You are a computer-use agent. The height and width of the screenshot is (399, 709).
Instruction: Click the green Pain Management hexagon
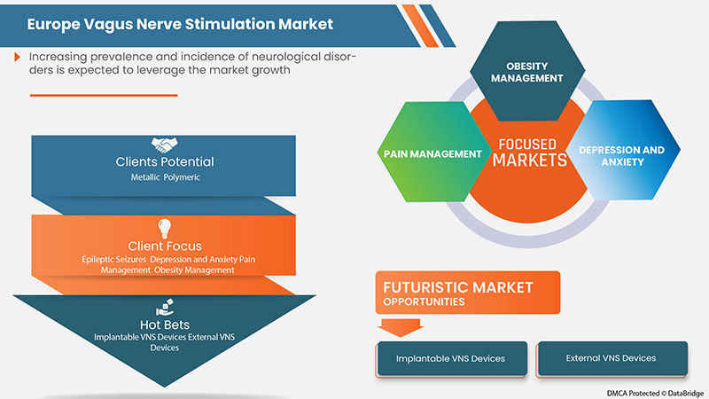[x=432, y=153]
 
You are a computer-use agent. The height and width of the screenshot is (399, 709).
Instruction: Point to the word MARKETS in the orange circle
[x=529, y=160]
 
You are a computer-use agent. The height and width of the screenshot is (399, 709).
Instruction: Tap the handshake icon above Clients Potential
[x=164, y=144]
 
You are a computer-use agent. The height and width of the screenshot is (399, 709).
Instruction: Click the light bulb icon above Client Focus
[x=164, y=226]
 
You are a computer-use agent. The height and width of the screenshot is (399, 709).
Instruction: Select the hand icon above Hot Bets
[x=164, y=306]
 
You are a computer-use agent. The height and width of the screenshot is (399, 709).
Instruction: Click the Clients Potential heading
[x=165, y=162]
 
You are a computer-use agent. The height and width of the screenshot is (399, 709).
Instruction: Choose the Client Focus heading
[x=165, y=246]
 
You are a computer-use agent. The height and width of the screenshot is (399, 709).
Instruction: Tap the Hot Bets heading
[x=165, y=325]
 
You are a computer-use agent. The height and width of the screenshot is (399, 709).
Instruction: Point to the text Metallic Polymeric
[x=165, y=178]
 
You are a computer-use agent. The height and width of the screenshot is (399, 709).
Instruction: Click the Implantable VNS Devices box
[x=452, y=358]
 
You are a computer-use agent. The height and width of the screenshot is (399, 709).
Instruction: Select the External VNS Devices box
[x=611, y=358]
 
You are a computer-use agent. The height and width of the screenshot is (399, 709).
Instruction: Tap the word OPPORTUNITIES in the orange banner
[x=426, y=301]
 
